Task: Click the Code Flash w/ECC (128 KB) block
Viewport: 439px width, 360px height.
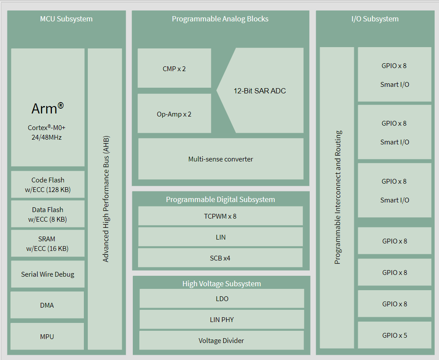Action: pyautogui.click(x=48, y=185)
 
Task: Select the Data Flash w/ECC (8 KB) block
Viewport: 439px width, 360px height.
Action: pyautogui.click(x=48, y=214)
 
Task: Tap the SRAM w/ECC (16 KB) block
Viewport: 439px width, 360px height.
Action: pyautogui.click(x=48, y=243)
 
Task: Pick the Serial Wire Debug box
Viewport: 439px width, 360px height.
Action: pyautogui.click(x=48, y=274)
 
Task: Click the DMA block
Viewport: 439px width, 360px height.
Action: pyautogui.click(x=47, y=305)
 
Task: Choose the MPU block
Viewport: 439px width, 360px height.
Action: pyautogui.click(x=47, y=336)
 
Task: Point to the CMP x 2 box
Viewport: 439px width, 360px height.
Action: pyautogui.click(x=174, y=68)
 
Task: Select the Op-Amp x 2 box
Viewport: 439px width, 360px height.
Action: pyautogui.click(x=174, y=113)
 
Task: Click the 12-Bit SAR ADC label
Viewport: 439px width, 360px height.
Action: pyautogui.click(x=260, y=91)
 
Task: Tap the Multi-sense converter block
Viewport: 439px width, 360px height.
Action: pyautogui.click(x=221, y=159)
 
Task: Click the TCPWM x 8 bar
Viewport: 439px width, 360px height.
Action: pyautogui.click(x=221, y=216)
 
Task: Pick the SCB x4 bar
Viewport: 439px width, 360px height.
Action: pyautogui.click(x=220, y=258)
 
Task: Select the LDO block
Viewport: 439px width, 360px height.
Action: pyautogui.click(x=222, y=298)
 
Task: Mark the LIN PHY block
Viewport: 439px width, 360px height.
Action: pyautogui.click(x=222, y=319)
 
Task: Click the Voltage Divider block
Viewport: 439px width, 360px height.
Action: pyautogui.click(x=221, y=340)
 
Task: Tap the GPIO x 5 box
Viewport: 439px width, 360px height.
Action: pyautogui.click(x=394, y=335)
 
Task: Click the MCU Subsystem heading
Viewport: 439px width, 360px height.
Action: pyautogui.click(x=66, y=19)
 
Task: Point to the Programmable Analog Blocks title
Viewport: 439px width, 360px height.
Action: pyautogui.click(x=220, y=19)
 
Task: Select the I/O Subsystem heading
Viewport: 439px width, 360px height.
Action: pyautogui.click(x=375, y=19)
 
